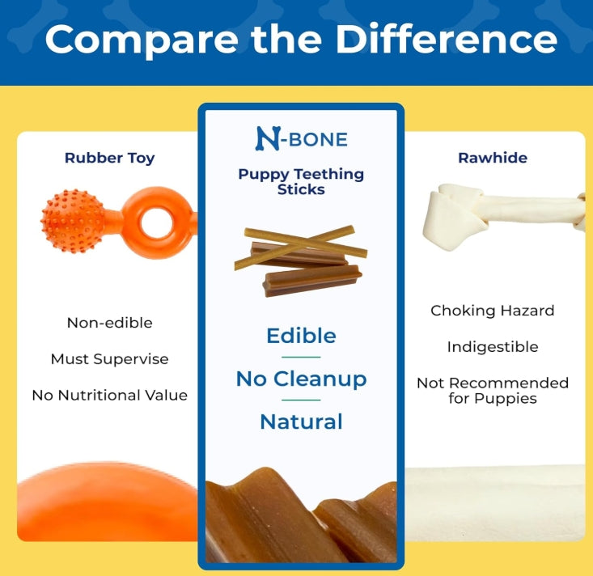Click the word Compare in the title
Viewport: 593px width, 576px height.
click(x=142, y=40)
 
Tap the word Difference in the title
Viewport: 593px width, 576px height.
click(x=447, y=39)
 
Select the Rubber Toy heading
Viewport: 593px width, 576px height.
click(x=110, y=158)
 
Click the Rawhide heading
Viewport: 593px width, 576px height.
click(x=493, y=158)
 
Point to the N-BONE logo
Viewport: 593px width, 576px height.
click(x=302, y=138)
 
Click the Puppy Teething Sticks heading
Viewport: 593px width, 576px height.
click(x=301, y=181)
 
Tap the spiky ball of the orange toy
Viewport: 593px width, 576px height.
click(x=73, y=221)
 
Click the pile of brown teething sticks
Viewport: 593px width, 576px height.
click(x=301, y=261)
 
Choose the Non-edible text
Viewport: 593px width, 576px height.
click(x=110, y=323)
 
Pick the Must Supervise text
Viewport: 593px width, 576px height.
click(x=110, y=359)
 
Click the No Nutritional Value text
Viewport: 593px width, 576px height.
click(x=110, y=396)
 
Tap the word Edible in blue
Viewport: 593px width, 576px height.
click(x=302, y=336)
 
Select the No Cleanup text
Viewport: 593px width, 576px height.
click(x=302, y=379)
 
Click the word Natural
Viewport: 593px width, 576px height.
click(x=302, y=421)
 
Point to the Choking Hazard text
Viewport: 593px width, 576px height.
click(x=493, y=311)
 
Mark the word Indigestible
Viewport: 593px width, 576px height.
click(x=493, y=347)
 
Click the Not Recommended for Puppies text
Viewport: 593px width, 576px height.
click(x=493, y=391)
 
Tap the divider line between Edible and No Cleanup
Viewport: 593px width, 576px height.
click(x=301, y=357)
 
